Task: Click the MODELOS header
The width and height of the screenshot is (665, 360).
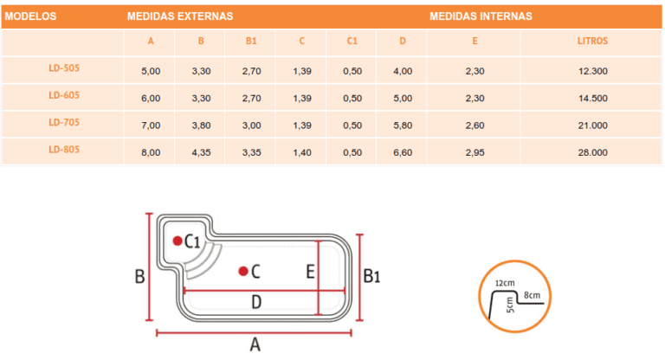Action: [30, 16]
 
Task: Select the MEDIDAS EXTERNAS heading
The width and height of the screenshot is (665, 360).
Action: [180, 16]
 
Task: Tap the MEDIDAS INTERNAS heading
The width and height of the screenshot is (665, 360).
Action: [481, 16]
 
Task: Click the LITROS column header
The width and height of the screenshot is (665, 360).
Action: [592, 42]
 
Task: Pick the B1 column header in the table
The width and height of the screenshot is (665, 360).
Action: [251, 42]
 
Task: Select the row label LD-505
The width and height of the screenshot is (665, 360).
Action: [64, 67]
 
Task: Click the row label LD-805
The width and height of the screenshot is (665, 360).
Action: [64, 149]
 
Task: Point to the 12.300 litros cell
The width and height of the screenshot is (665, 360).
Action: [593, 71]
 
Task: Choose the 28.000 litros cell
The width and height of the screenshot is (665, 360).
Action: [592, 152]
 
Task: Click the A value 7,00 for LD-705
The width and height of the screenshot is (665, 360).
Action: [151, 125]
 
